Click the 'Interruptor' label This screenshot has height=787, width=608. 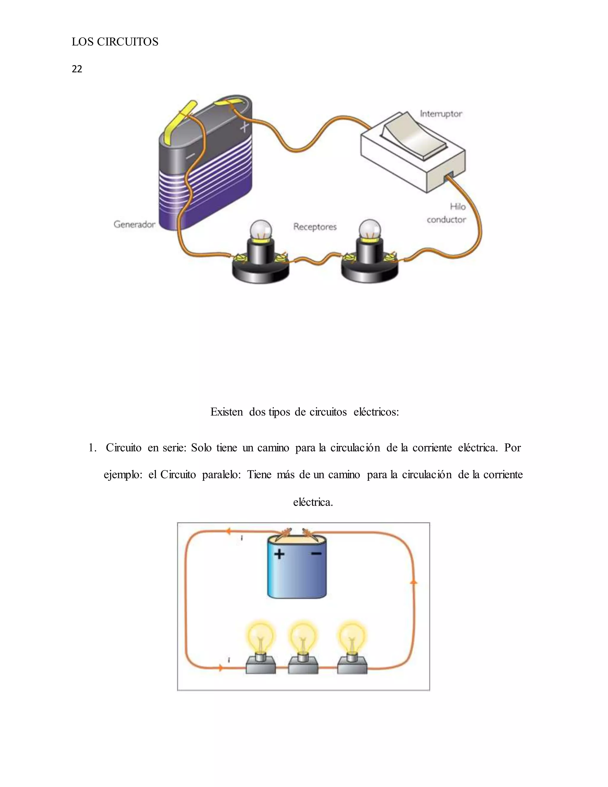[x=441, y=114]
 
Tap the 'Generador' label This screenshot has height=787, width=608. [x=134, y=225]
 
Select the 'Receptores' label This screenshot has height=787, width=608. [x=315, y=227]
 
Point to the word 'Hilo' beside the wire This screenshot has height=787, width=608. [x=457, y=207]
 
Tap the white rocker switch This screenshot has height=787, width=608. [x=414, y=135]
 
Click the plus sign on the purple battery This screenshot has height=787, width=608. [x=244, y=127]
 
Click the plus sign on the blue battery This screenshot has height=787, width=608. [x=279, y=554]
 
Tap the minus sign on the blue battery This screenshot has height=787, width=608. [x=316, y=554]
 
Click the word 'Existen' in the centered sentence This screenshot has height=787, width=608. [x=227, y=412]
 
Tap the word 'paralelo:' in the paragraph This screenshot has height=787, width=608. [x=221, y=475]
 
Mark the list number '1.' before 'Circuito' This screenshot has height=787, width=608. [x=93, y=448]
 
